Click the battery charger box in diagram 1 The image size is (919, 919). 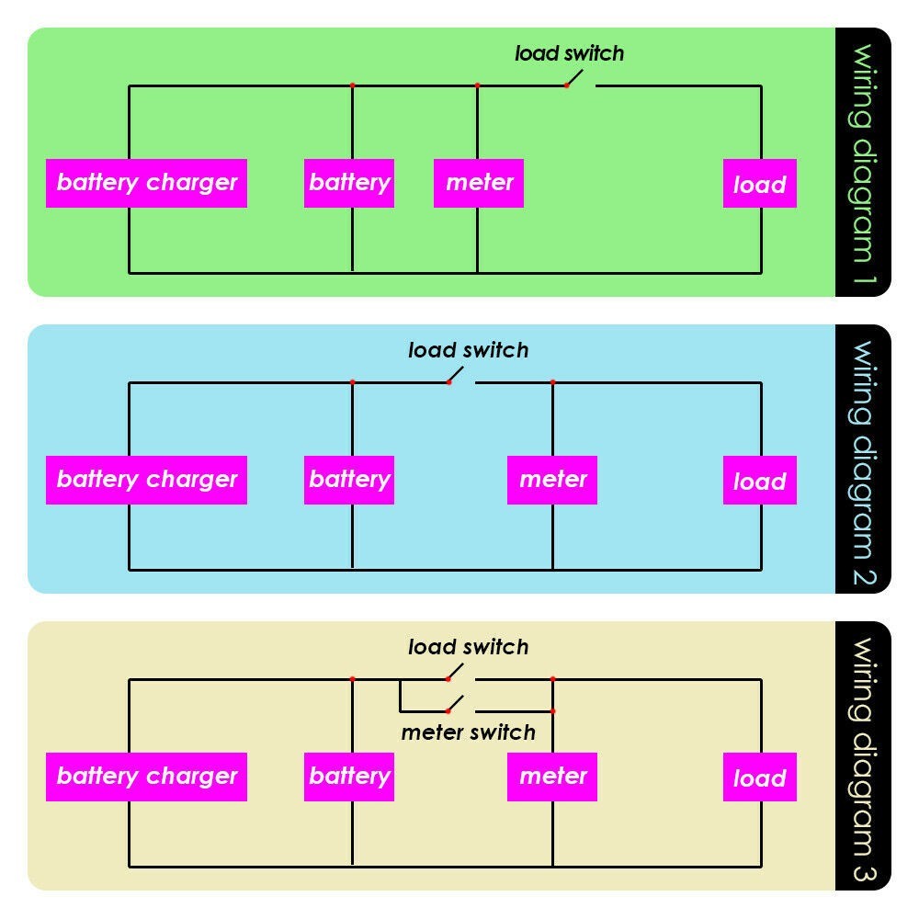[146, 183]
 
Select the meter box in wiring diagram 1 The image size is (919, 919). [479, 183]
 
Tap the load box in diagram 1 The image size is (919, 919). [759, 184]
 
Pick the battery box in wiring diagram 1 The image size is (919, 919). [349, 183]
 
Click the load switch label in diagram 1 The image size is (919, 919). [569, 53]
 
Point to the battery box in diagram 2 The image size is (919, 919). [349, 480]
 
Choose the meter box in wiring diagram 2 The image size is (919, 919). [552, 480]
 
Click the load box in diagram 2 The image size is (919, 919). [759, 481]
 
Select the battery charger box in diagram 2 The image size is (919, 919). [146, 480]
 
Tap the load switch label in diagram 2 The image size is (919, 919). [468, 350]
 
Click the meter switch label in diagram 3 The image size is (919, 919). [468, 732]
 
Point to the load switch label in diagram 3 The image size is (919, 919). [468, 647]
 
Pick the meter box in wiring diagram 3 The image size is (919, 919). [552, 777]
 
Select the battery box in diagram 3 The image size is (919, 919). [349, 777]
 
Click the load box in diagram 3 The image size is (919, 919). [759, 777]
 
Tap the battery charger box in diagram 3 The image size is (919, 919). [146, 777]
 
